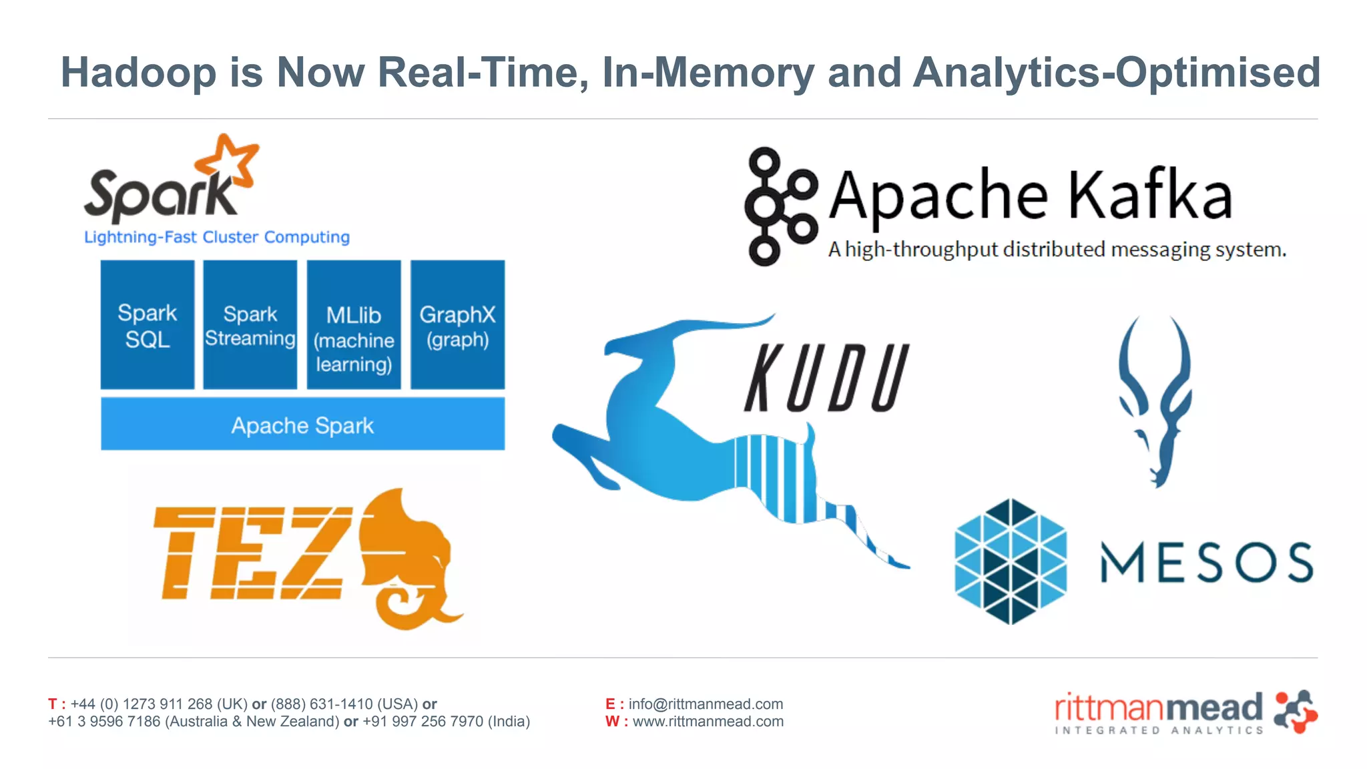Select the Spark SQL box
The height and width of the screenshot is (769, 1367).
pyautogui.click(x=148, y=325)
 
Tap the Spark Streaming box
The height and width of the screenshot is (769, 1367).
pyautogui.click(x=250, y=325)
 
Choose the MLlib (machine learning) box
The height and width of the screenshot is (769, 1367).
pyautogui.click(x=354, y=325)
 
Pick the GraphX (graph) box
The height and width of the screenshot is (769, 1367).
pyautogui.click(x=457, y=325)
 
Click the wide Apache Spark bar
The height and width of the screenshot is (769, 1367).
pyautogui.click(x=302, y=425)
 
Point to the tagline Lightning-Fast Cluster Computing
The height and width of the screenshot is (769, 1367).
pyautogui.click(x=217, y=237)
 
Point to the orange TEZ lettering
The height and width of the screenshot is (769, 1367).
pyautogui.click(x=254, y=553)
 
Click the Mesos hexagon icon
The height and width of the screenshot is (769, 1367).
pyautogui.click(x=1011, y=561)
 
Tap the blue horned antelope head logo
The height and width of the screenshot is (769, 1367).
pyautogui.click(x=1155, y=401)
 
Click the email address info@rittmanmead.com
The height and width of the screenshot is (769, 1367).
pyautogui.click(x=706, y=704)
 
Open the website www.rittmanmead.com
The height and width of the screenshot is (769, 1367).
pyautogui.click(x=708, y=722)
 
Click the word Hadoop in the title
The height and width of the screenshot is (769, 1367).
pyautogui.click(x=139, y=72)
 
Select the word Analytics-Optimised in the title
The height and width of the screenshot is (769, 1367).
pyautogui.click(x=1117, y=72)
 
